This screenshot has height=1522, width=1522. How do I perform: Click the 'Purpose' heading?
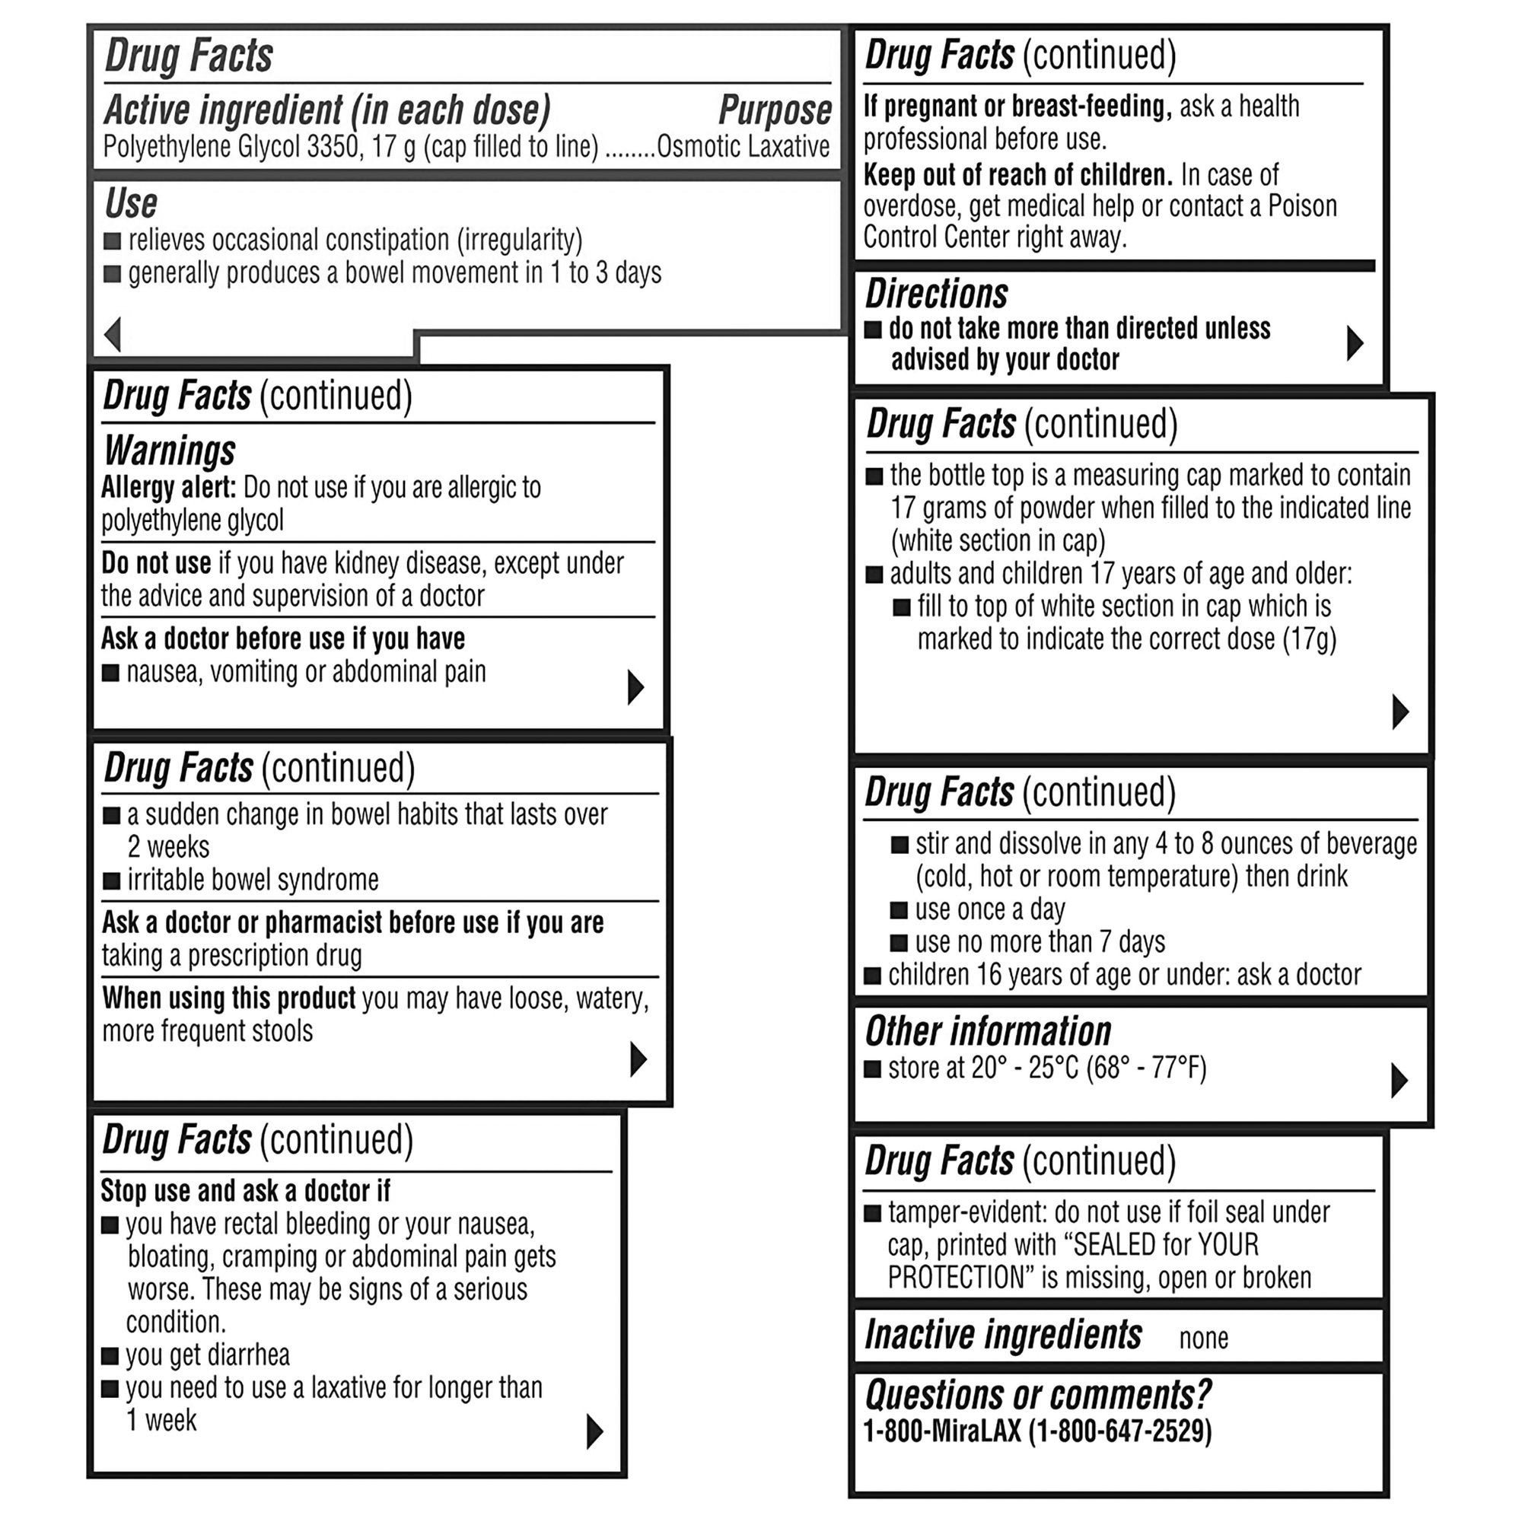pyautogui.click(x=775, y=110)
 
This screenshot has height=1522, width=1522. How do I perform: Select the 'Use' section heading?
pyautogui.click(x=131, y=203)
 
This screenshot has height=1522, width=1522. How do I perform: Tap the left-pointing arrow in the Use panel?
pyautogui.click(x=113, y=334)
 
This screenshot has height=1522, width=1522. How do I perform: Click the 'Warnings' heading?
pyautogui.click(x=170, y=451)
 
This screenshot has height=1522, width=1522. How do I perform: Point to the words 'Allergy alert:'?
pyautogui.click(x=169, y=488)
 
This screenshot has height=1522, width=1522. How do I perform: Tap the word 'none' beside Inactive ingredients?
pyautogui.click(x=1203, y=1339)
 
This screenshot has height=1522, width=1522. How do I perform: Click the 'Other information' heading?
pyautogui.click(x=988, y=1032)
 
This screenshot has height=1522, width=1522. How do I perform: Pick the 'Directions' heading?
pyautogui.click(x=936, y=295)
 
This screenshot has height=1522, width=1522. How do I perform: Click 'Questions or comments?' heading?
pyautogui.click(x=1037, y=1395)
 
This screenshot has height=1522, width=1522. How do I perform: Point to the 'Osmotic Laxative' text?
pyautogui.click(x=743, y=148)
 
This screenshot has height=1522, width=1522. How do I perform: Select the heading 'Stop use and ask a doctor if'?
pyautogui.click(x=245, y=1190)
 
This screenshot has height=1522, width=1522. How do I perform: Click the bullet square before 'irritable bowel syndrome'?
pyautogui.click(x=112, y=880)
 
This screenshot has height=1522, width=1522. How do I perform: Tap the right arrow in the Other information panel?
pyautogui.click(x=1399, y=1081)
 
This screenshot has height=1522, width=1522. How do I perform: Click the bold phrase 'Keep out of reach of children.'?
pyautogui.click(x=1017, y=175)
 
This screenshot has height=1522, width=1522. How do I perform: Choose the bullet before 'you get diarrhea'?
pyautogui.click(x=110, y=1356)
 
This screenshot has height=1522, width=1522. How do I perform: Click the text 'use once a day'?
pyautogui.click(x=989, y=910)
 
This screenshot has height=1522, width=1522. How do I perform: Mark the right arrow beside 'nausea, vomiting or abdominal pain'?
pyautogui.click(x=635, y=687)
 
